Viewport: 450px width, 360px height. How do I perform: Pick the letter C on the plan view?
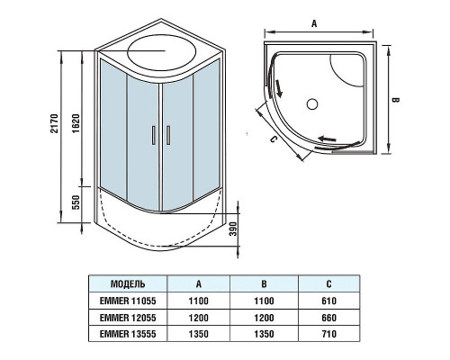270,139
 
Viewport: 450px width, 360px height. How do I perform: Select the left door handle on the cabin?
156,134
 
